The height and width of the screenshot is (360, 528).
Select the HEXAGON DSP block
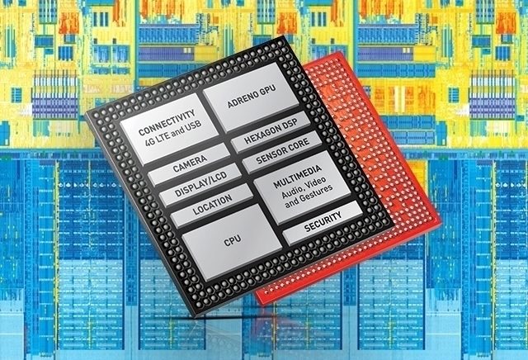(x=271, y=131)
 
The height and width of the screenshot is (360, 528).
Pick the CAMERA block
(x=189, y=164)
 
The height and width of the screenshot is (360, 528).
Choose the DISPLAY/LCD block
(x=200, y=184)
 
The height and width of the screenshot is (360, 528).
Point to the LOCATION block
(x=212, y=205)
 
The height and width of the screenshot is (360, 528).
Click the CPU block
(x=233, y=241)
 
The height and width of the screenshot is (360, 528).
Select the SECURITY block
(x=323, y=222)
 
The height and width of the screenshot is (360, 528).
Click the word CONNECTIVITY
(x=167, y=122)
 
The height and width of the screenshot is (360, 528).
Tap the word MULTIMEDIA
(x=297, y=177)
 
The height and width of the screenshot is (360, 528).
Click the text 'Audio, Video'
(x=304, y=187)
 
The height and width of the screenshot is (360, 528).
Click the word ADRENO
(x=242, y=99)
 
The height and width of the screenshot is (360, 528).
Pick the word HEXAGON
(x=262, y=134)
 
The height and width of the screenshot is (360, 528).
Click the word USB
(x=193, y=126)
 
